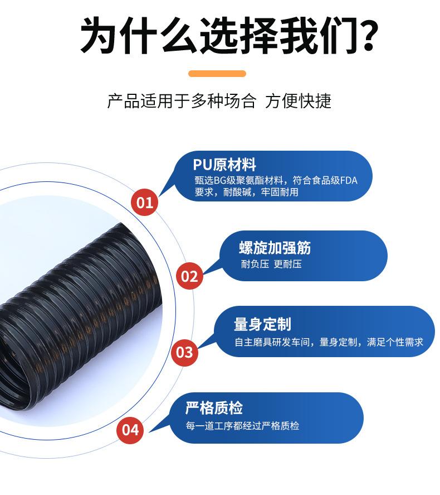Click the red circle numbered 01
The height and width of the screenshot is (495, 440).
[145, 202]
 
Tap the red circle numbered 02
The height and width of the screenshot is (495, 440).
[190, 276]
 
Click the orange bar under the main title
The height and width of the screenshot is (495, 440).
[217, 73]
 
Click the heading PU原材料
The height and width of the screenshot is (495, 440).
[224, 165]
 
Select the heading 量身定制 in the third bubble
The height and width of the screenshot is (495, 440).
[262, 324]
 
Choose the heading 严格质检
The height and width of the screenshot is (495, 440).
[214, 408]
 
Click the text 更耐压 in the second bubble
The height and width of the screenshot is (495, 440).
[287, 264]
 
